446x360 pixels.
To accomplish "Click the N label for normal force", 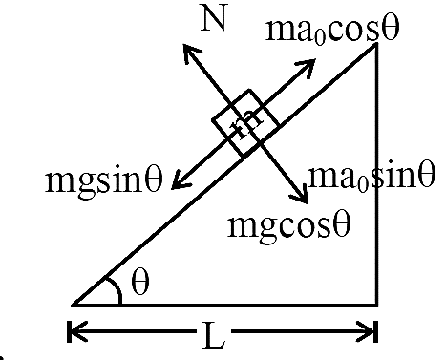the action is [214, 18].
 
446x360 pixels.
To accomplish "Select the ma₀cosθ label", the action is [332, 30].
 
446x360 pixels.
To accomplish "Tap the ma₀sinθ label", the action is [372, 176].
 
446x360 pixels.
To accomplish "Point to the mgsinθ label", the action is [104, 180].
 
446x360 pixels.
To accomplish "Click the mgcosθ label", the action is [289, 225].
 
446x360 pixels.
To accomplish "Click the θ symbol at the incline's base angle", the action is [140, 282].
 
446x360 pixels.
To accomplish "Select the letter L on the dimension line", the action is [214, 335].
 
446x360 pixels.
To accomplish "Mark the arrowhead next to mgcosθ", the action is [301, 196].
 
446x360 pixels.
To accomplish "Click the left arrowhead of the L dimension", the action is [75, 331].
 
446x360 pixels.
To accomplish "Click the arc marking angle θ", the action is [117, 286].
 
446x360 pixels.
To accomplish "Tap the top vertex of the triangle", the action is [376, 44].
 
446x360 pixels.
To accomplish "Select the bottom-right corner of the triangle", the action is [377, 306].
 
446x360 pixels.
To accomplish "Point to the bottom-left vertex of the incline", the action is [73, 306].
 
